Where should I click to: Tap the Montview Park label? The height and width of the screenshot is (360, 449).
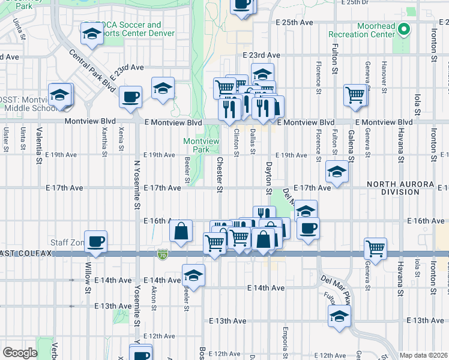196,145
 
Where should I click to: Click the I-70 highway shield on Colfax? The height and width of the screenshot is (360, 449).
163,254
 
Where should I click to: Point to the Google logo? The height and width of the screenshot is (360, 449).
19,352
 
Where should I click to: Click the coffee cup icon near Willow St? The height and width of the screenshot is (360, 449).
96,242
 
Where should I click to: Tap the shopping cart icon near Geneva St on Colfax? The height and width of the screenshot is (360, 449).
375,248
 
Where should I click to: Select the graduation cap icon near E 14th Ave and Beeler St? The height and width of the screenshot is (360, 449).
194,275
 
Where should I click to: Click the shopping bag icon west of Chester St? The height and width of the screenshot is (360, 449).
181,231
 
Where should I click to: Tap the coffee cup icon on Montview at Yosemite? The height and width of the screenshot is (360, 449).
130,97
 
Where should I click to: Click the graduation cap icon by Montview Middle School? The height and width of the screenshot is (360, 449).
59,95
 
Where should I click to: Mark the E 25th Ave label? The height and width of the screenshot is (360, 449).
295,22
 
